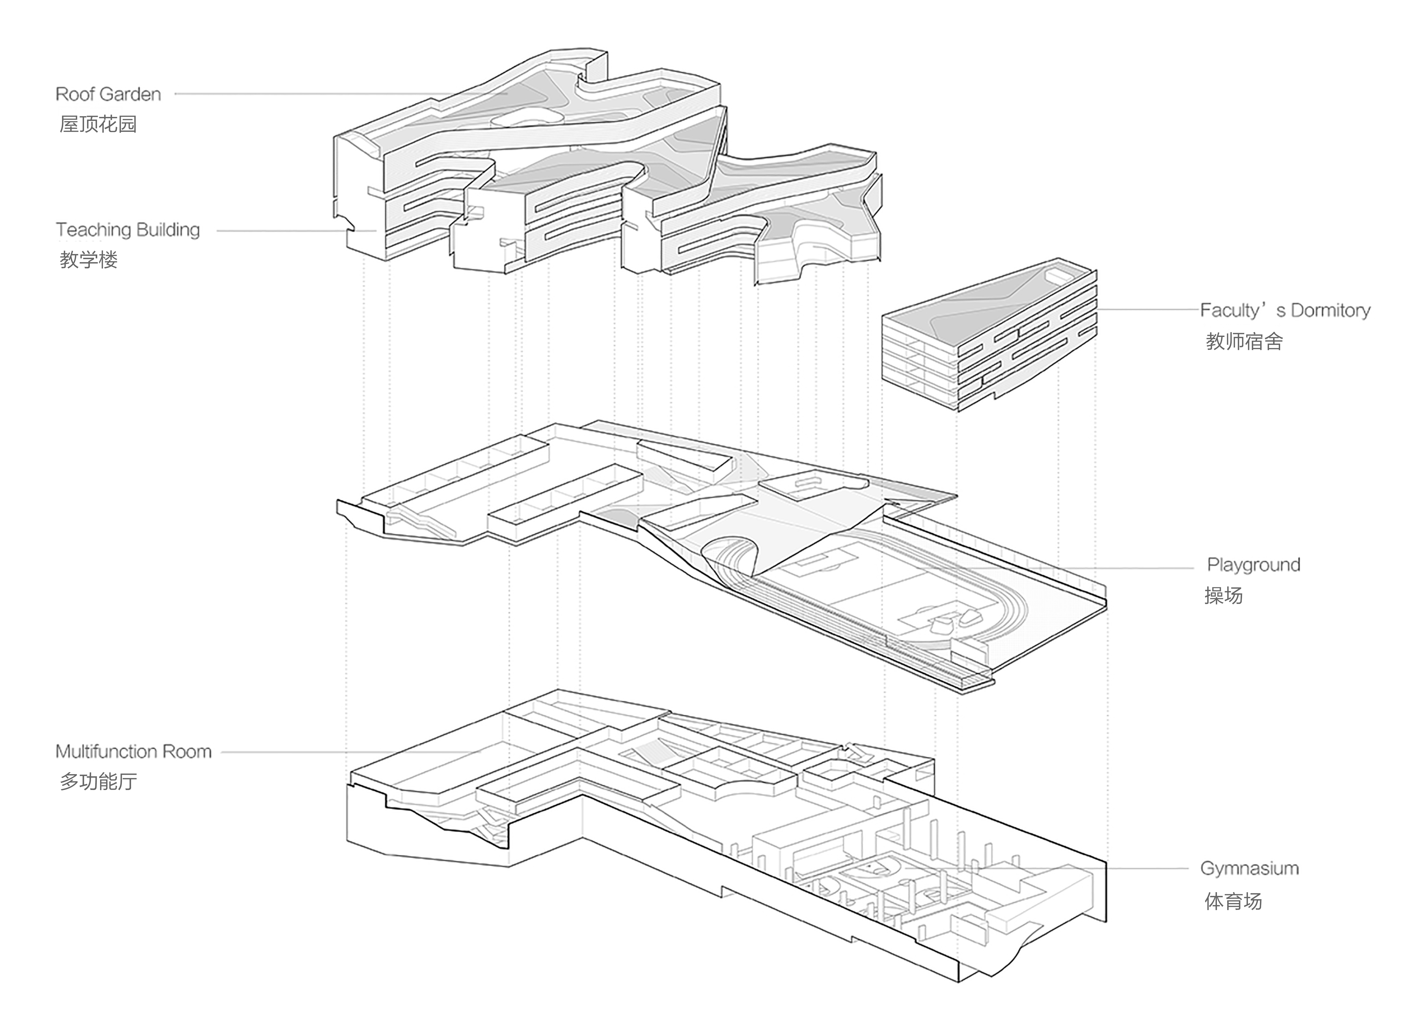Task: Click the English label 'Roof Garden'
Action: pos(108,94)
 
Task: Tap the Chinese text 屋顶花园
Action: pos(98,124)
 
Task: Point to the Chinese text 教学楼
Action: pos(89,260)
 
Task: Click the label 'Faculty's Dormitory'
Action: pos(1285,310)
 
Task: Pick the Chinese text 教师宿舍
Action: pos(1244,342)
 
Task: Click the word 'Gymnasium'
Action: pos(1249,868)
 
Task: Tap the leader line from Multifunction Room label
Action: pos(343,752)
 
